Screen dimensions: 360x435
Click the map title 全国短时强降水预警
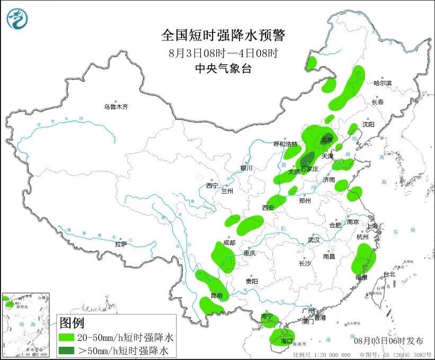coord(223,36)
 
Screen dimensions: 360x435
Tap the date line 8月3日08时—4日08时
coord(223,53)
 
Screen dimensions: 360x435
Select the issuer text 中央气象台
coord(223,68)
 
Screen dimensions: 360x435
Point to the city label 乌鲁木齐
coord(116,107)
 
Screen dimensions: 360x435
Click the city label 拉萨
coord(121,244)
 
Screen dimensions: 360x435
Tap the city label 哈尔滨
coord(382,83)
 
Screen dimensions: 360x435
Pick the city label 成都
coord(229,243)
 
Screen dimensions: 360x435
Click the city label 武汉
coord(314,240)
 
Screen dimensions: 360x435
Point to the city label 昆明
coord(216,295)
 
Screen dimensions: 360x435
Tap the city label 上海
coord(373,226)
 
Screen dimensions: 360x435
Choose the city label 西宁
coord(212,186)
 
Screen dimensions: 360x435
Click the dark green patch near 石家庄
coord(307,160)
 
